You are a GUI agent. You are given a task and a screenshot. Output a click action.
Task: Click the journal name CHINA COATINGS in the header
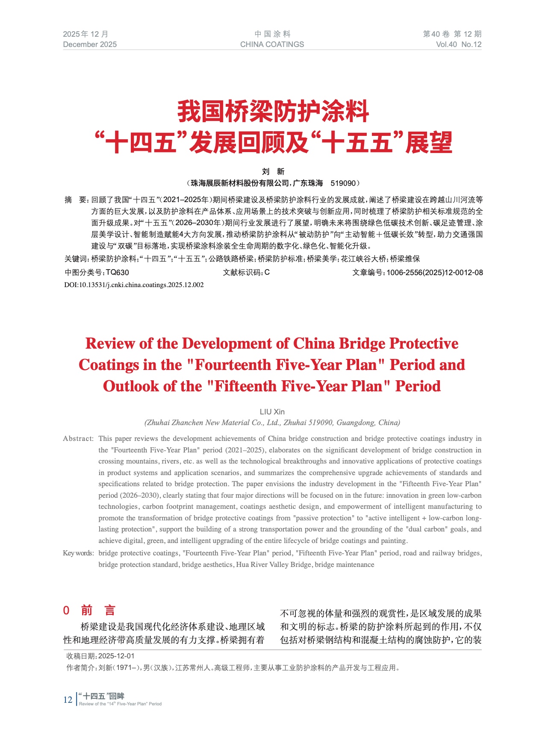pos(272,44)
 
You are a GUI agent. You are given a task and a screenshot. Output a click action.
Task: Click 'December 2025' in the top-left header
pos(90,44)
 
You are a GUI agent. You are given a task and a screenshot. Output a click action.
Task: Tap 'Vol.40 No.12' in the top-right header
pos(459,44)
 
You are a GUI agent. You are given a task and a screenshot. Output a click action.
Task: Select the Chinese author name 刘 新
pos(273,172)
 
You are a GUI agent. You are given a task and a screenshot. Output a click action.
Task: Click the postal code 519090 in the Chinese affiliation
pos(343,183)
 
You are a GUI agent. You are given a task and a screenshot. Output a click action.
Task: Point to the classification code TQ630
pos(117,273)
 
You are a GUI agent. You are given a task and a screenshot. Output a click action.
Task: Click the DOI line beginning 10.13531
pos(134,285)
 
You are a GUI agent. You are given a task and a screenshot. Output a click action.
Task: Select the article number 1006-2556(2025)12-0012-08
pos(435,273)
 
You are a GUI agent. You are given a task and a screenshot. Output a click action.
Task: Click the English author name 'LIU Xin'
pos(272,412)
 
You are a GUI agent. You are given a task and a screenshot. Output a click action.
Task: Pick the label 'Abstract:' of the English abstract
pos(78,439)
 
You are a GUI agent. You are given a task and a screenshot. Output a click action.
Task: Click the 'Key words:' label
pos(78,553)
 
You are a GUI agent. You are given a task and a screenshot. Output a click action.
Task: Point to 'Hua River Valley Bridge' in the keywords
pos(274,565)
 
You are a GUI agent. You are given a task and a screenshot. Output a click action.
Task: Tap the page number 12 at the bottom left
pos(68,699)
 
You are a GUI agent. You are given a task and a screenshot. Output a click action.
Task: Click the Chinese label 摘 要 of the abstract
pos(76,200)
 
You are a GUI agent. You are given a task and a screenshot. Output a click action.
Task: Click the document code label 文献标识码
pos(243,273)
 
